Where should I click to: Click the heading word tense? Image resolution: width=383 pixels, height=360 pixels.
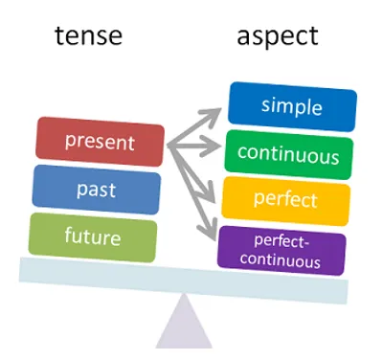87,37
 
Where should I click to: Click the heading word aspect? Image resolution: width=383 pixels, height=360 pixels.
278,37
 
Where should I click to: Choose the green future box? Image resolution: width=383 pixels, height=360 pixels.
92,234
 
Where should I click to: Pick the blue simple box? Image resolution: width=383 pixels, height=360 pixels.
292,106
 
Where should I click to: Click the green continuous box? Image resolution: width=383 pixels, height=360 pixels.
288,153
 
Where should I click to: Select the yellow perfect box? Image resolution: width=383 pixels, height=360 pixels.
286,200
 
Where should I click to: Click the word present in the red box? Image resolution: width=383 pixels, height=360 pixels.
100,141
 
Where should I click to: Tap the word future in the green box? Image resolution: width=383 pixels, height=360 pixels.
92,234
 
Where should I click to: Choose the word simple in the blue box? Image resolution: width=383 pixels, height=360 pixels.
292,106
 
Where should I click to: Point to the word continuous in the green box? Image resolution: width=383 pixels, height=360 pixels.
288,153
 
